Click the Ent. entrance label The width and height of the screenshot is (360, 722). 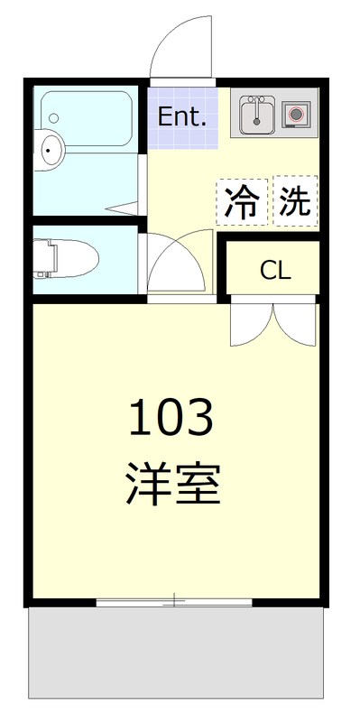[183, 116]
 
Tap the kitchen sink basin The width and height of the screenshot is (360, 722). [258, 115]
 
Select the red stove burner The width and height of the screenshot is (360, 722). [295, 114]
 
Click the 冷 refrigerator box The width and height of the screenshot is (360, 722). [241, 200]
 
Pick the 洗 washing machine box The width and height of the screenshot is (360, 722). [294, 200]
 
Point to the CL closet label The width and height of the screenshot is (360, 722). [275, 270]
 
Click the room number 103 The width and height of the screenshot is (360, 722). [171, 417]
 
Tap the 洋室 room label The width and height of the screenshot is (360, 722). [171, 484]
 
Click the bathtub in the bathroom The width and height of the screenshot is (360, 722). [90, 117]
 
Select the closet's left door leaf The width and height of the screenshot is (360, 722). [252, 325]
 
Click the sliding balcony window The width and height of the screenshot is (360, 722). [174, 600]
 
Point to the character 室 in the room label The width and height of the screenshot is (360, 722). [198, 484]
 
